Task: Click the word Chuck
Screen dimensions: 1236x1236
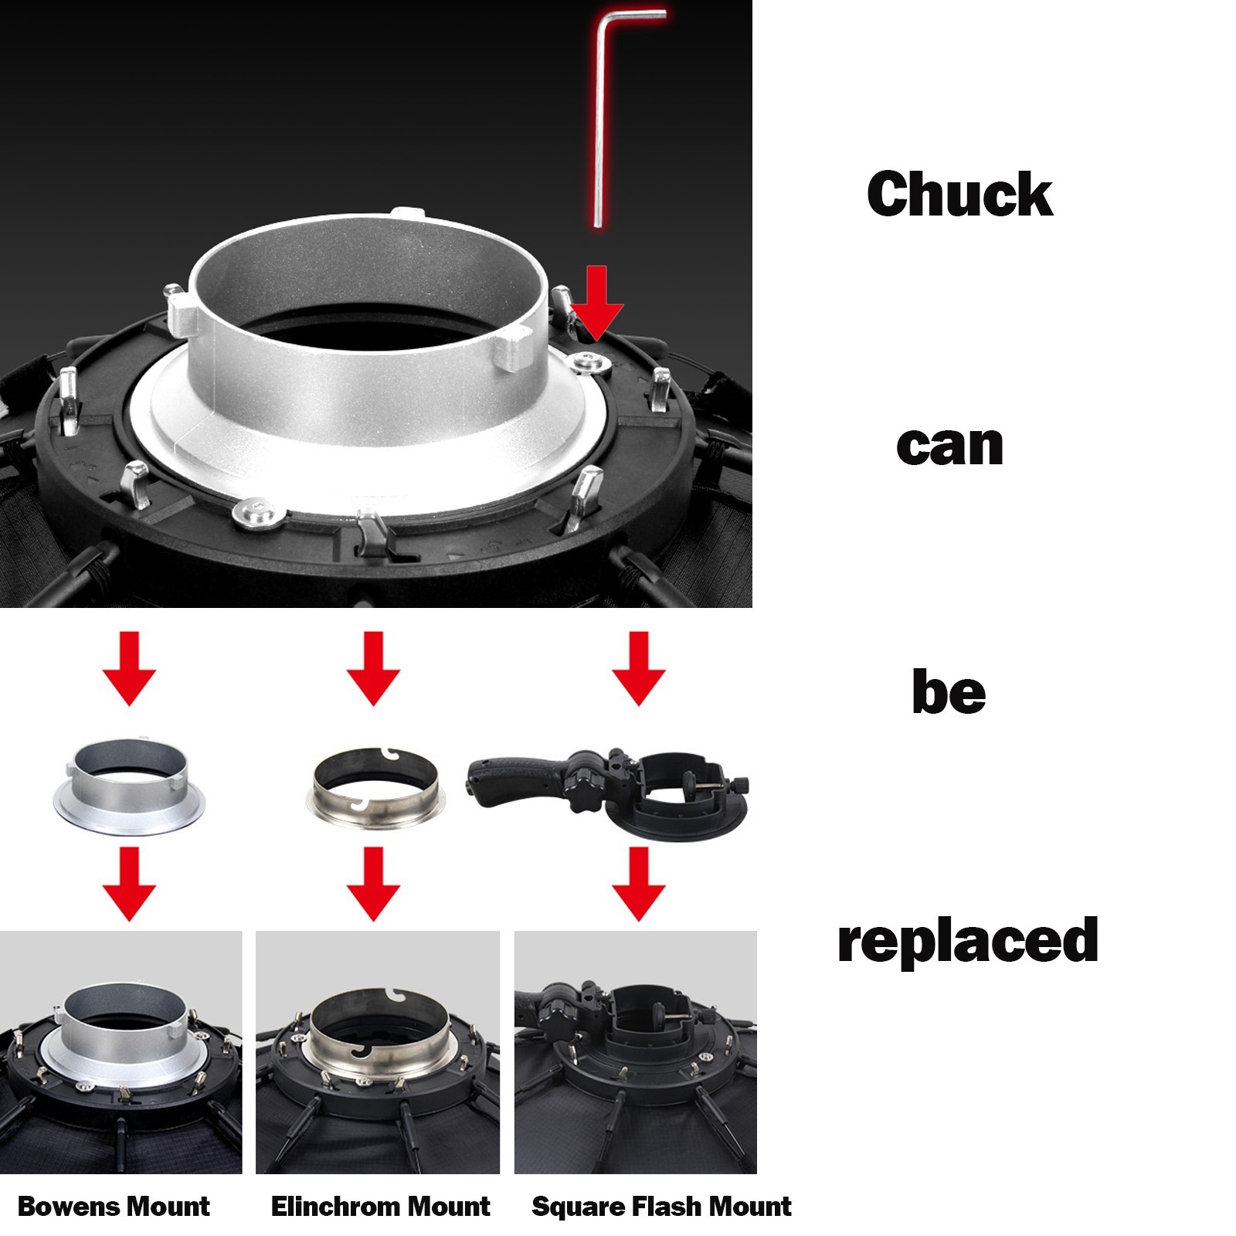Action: click(959, 194)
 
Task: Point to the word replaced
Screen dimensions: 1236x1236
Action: click(968, 940)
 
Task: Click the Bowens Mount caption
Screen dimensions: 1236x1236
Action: click(114, 1206)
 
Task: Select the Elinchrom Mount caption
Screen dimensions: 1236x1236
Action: click(380, 1206)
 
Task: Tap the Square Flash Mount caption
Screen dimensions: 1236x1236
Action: click(661, 1206)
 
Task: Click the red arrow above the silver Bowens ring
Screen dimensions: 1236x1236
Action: click(129, 668)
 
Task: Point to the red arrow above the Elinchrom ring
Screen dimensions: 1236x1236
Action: click(373, 668)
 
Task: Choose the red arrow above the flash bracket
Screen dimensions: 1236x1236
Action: click(639, 668)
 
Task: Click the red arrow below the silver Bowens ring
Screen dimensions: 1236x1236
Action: click(129, 884)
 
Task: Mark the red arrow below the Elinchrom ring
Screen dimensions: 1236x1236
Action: click(373, 884)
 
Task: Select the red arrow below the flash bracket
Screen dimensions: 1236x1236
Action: click(639, 884)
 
